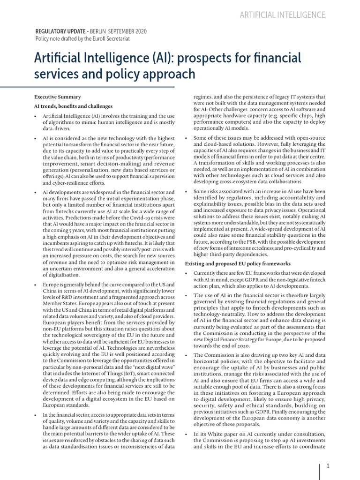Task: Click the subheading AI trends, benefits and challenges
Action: click(x=74, y=106)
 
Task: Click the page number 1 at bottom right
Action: click(x=328, y=466)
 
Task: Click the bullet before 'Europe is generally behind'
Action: click(x=36, y=285)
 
